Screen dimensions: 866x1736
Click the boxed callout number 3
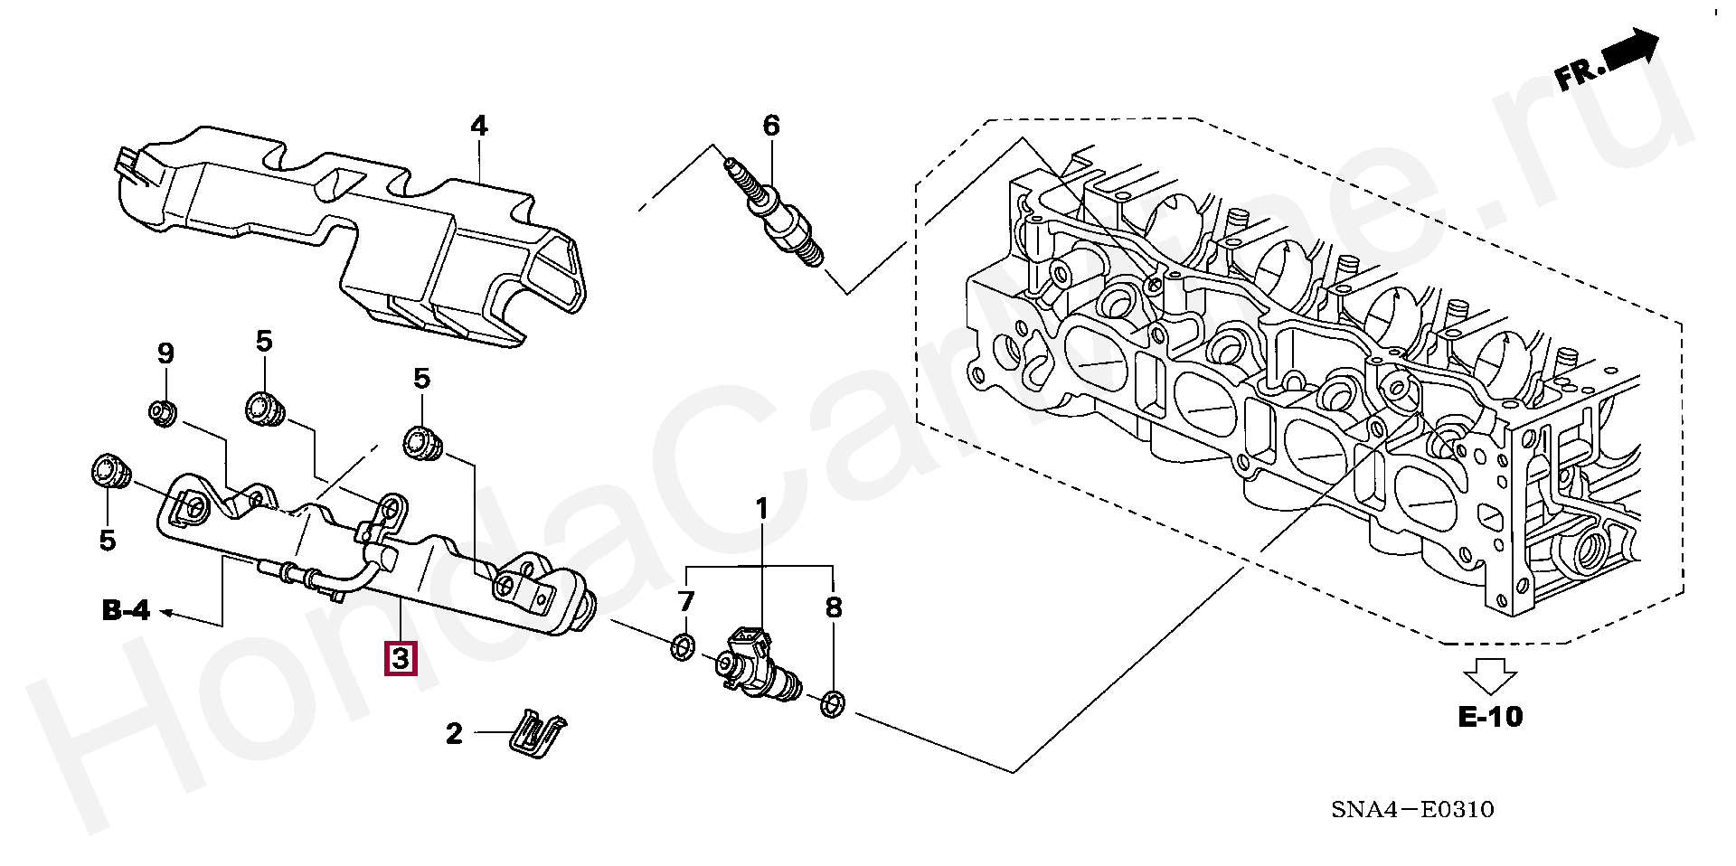[401, 658]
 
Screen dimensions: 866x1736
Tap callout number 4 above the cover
[478, 127]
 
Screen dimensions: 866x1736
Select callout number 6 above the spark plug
[770, 126]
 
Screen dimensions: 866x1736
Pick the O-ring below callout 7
[683, 647]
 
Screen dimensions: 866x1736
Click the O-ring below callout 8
[833, 702]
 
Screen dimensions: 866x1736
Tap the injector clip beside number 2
[538, 731]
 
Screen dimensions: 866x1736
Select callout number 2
[454, 733]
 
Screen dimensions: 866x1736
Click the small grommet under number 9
[164, 412]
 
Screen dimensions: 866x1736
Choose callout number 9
[165, 353]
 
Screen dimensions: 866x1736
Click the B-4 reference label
[126, 612]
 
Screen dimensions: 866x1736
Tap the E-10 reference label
[1490, 717]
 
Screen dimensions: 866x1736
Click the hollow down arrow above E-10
[1490, 676]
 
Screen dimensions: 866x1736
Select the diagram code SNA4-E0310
[1411, 810]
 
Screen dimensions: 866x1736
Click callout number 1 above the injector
[761, 510]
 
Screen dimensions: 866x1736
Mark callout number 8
[833, 607]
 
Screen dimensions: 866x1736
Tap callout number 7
[685, 601]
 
